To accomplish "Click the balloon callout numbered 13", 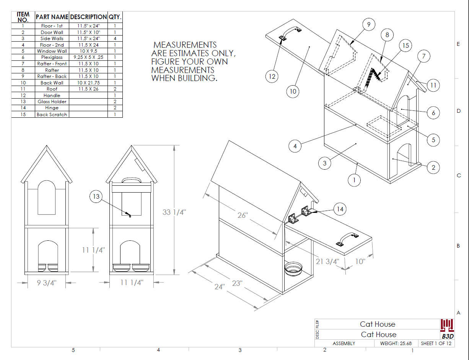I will coord(96,197).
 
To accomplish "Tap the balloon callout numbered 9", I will coord(368,24).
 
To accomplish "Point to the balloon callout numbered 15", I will coord(405,45).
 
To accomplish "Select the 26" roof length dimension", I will coord(243,215).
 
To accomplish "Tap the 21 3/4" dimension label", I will coord(327,261).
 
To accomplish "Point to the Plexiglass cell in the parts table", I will coord(52,57).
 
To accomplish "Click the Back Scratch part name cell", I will coord(52,114).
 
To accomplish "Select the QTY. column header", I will coord(115,17).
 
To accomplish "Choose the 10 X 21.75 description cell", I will coord(88,83).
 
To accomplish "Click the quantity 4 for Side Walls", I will coord(115,39).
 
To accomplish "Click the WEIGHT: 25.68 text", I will coord(396,343).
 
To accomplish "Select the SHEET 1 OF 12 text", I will coord(436,343).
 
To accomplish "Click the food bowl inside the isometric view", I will coord(294,269).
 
